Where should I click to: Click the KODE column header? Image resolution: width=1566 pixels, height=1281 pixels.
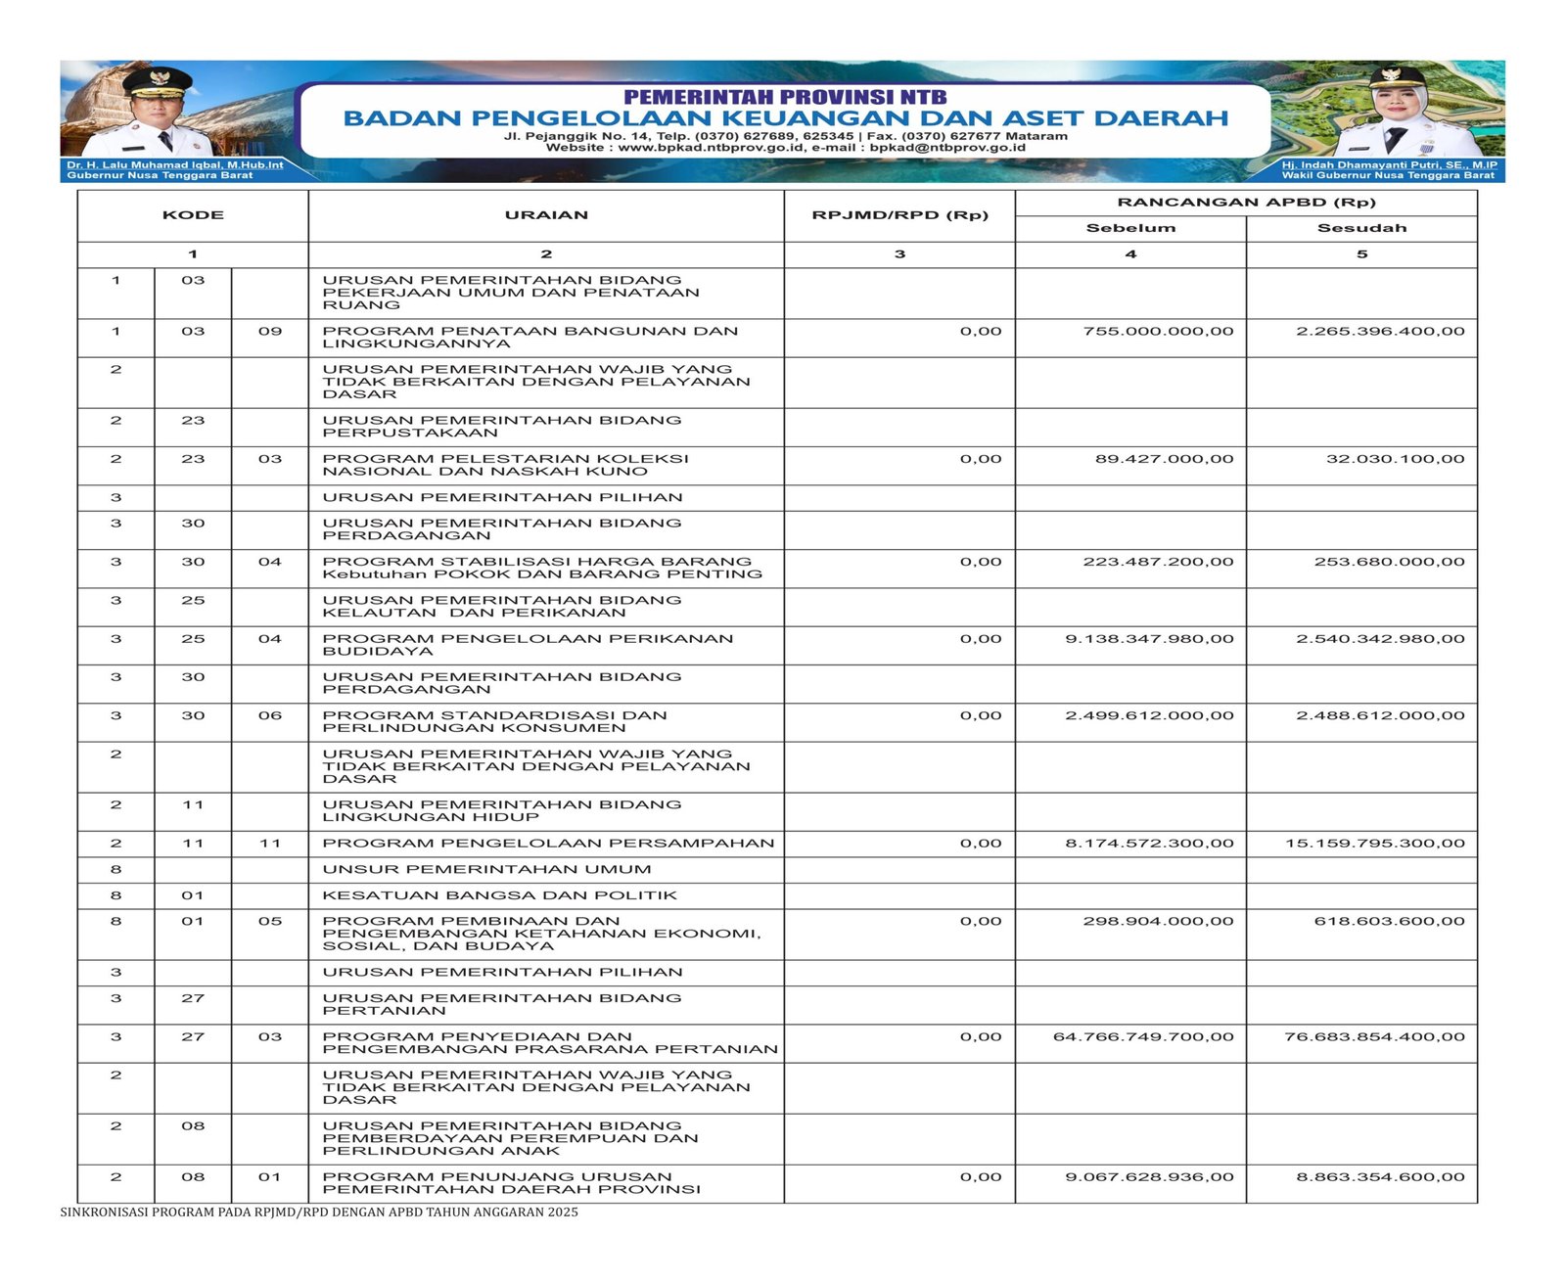[x=193, y=215]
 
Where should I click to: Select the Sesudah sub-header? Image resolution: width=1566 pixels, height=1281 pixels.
[x=1360, y=228]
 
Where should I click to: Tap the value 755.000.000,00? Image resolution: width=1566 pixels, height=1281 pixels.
[x=1158, y=332]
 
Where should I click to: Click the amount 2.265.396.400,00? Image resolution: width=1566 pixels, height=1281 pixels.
[x=1380, y=332]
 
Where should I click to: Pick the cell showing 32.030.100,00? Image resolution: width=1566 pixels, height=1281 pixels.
[x=1395, y=459]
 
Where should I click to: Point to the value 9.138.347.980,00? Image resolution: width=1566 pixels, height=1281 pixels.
[x=1149, y=639]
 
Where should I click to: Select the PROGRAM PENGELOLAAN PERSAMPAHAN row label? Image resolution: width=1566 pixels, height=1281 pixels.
[x=548, y=844]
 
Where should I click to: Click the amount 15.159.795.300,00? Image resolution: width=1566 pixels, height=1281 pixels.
[x=1374, y=844]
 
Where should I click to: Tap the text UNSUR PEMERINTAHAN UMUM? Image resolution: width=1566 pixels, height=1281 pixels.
[x=486, y=869]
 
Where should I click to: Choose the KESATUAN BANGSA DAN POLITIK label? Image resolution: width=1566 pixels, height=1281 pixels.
[x=499, y=895]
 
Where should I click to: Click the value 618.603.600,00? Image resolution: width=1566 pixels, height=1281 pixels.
[x=1389, y=922]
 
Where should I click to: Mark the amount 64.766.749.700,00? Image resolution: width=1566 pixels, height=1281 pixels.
[x=1143, y=1037]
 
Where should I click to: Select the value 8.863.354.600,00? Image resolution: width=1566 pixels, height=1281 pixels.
[x=1380, y=1177]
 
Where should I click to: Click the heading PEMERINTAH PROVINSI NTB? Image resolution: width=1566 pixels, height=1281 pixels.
[x=785, y=97]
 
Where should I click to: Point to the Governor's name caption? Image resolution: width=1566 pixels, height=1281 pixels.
[x=174, y=165]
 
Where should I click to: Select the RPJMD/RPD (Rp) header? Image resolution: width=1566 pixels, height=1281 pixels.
[x=899, y=215]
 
